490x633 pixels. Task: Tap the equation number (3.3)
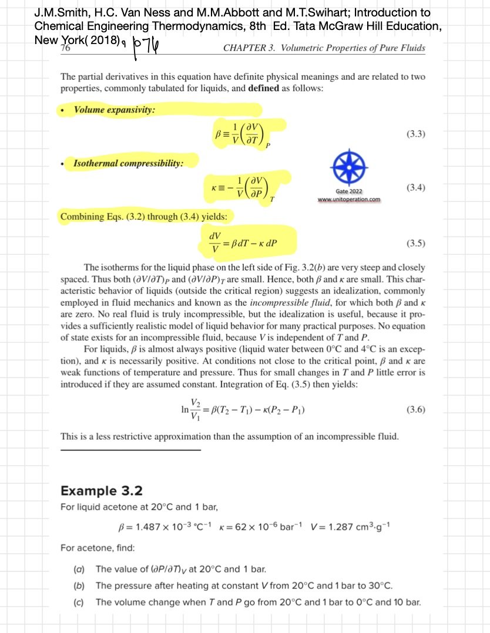(415, 134)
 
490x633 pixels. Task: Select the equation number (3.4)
(415, 188)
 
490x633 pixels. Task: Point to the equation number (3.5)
(415, 243)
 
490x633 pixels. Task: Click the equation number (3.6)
(415, 410)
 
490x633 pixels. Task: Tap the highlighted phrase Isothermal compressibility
(127, 163)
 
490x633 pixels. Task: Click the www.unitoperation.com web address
(348, 199)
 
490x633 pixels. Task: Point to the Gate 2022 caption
(348, 191)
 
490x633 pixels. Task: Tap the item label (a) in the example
(78, 569)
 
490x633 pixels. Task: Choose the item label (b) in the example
(78, 585)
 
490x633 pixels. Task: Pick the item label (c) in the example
(78, 602)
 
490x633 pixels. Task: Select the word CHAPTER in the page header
(243, 48)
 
